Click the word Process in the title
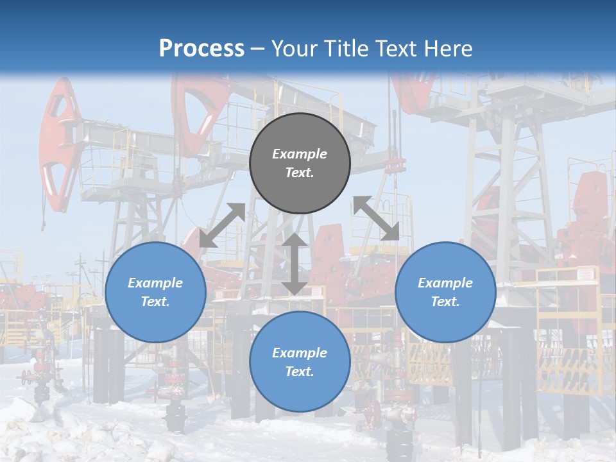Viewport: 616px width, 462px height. pos(201,49)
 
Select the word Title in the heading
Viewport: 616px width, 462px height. pos(345,49)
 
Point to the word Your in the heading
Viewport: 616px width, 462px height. pos(294,49)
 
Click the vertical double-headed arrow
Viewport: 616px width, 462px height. pos(295,264)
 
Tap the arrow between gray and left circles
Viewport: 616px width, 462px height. pos(222,225)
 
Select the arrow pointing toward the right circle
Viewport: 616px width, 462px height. pos(376,219)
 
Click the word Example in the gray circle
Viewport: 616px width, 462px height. pos(300,154)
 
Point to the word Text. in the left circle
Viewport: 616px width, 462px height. pos(155,302)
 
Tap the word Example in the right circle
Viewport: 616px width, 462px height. pos(445,283)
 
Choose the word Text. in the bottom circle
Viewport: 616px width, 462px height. pos(300,372)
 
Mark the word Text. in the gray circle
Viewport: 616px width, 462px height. pos(300,173)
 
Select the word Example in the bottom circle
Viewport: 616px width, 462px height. pos(300,353)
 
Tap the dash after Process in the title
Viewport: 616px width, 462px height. pos(258,49)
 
